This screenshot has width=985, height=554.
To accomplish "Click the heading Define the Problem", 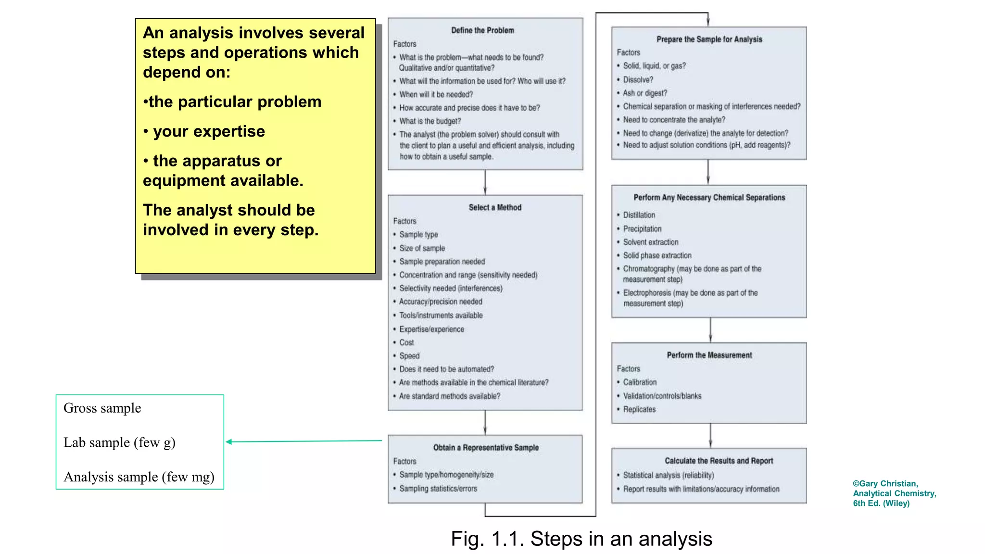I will pyautogui.click(x=482, y=30).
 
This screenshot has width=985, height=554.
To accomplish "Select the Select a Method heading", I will pyautogui.click(x=495, y=207).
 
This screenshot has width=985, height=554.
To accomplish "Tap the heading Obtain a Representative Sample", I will pyautogui.click(x=486, y=448).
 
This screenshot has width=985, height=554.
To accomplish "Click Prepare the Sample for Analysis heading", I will pyautogui.click(x=709, y=39).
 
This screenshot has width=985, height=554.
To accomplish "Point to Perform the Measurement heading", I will pyautogui.click(x=709, y=355).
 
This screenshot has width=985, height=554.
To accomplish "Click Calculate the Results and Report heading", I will pyautogui.click(x=719, y=461).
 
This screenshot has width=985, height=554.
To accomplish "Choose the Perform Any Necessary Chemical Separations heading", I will pyautogui.click(x=709, y=198).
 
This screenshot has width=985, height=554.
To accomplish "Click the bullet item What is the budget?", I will pyautogui.click(x=429, y=121).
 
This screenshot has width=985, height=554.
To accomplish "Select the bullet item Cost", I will pyautogui.click(x=406, y=342).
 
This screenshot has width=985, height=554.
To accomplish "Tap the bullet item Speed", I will pyautogui.click(x=409, y=356).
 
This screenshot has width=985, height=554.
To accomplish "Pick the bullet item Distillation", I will pyautogui.click(x=639, y=215).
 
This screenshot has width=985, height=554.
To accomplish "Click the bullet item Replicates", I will pyautogui.click(x=639, y=409).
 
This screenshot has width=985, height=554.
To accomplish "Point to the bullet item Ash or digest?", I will pyautogui.click(x=644, y=93).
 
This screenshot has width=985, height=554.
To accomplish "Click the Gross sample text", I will pyautogui.click(x=102, y=408).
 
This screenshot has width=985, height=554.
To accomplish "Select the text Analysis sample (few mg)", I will pyautogui.click(x=139, y=477).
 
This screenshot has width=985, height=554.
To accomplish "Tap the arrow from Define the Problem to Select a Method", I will pyautogui.click(x=485, y=182).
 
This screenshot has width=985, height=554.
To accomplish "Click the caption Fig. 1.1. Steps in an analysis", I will pyautogui.click(x=581, y=539).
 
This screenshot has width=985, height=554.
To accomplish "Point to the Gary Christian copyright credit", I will pyautogui.click(x=894, y=493).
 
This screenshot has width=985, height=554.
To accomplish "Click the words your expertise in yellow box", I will pyautogui.click(x=209, y=131).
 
